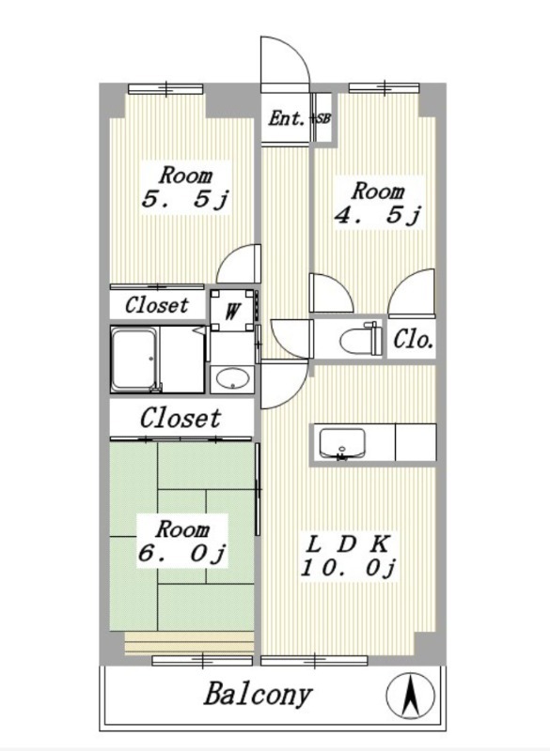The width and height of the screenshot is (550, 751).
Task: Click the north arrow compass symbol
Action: click(x=411, y=695)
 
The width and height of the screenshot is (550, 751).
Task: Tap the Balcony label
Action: click(x=258, y=696)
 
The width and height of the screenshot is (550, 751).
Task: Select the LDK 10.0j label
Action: click(x=348, y=557)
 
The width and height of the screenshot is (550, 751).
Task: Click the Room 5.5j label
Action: click(x=185, y=187)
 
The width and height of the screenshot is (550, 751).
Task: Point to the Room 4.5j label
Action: click(x=378, y=203)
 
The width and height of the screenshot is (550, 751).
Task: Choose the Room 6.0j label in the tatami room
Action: click(x=182, y=542)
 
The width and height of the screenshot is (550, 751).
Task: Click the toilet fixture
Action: click(x=361, y=338)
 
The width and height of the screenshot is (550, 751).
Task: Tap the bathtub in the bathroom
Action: click(x=134, y=360)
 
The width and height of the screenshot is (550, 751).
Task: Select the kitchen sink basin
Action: click(x=342, y=443)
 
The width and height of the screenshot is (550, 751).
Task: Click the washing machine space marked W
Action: click(x=232, y=311)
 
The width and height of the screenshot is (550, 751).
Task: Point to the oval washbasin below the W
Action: click(x=233, y=379)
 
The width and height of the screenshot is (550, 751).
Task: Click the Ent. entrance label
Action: click(x=286, y=118)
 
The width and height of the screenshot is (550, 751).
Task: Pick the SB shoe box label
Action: click(x=322, y=118)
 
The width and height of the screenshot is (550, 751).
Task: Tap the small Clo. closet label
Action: click(x=414, y=340)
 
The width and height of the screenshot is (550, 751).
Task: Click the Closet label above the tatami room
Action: click(x=181, y=418)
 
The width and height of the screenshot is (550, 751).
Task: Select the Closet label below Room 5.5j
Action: click(x=157, y=304)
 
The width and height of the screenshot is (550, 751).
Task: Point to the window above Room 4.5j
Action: click(x=385, y=87)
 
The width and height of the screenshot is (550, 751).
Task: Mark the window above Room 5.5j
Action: click(x=165, y=89)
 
